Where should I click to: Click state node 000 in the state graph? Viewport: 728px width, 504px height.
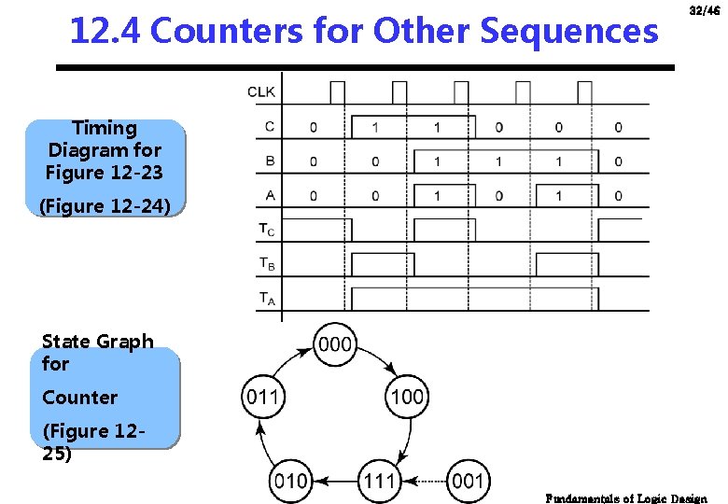[x=336, y=344]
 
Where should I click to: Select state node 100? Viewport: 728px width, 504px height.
[x=407, y=398]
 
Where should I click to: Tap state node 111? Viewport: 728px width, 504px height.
[x=380, y=482]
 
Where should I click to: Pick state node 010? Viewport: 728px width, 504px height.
[x=289, y=482]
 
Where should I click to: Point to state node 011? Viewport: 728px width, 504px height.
[x=262, y=398]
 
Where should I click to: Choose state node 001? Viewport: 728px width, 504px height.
[x=468, y=482]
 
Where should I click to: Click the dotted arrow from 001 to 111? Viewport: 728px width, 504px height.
[x=424, y=482]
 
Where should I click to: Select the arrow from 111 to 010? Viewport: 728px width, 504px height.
[x=334, y=482]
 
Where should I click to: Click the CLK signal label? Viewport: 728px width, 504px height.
[x=261, y=91]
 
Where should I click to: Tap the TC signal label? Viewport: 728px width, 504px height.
[x=267, y=230]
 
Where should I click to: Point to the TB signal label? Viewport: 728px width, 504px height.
[x=267, y=264]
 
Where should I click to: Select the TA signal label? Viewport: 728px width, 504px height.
[x=267, y=299]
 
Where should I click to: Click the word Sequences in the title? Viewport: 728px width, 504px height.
[x=568, y=32]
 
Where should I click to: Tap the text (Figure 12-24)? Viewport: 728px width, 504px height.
[x=105, y=206]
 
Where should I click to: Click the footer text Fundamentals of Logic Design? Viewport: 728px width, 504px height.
[x=626, y=498]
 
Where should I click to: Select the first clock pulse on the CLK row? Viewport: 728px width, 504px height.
[x=337, y=91]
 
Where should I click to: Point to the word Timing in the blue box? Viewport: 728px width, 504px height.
[x=105, y=128]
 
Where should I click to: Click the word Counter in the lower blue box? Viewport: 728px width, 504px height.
[x=80, y=398]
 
